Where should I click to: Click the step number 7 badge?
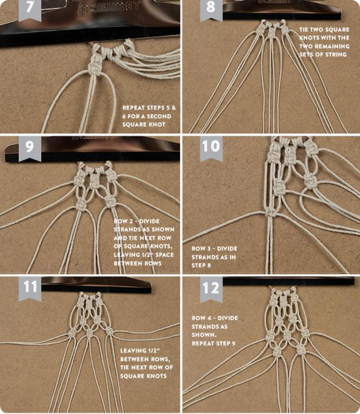click(30, 9)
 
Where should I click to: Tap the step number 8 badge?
click(211, 9)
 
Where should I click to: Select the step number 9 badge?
click(30, 148)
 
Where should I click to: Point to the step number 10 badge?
click(211, 148)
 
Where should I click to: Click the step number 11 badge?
click(30, 288)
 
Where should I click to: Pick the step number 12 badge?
click(211, 288)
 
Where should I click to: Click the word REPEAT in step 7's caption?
click(133, 108)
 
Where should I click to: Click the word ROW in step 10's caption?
click(198, 249)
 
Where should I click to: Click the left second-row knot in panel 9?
click(81, 205)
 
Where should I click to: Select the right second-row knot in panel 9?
click(109, 201)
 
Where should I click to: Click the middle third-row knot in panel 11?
click(89, 334)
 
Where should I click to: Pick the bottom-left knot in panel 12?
click(277, 351)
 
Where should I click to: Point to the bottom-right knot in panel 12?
click(301, 349)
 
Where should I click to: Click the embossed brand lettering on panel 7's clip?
click(109, 7)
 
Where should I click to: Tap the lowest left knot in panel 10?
click(270, 212)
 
